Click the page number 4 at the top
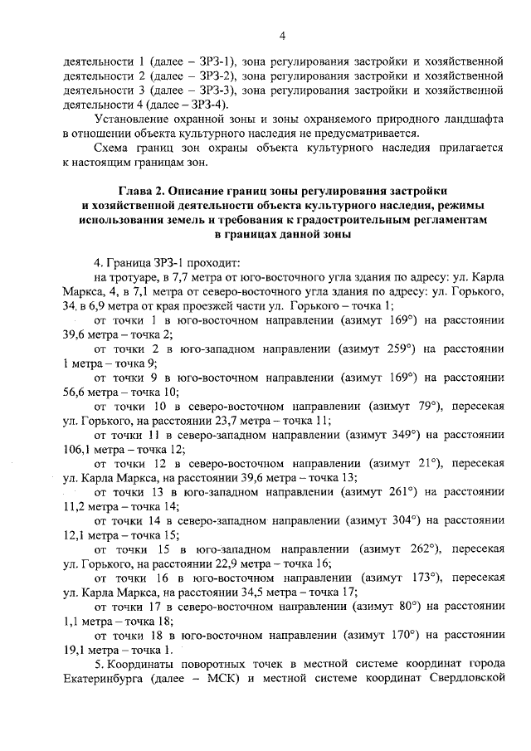[282, 36]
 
